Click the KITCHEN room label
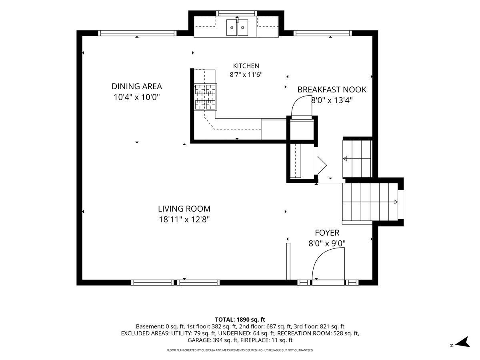[x=246, y=66]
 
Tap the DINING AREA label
[x=137, y=86]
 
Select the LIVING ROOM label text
[x=184, y=209]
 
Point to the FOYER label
[x=327, y=233]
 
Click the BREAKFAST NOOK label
[x=332, y=90]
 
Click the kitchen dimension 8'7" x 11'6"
[x=246, y=75]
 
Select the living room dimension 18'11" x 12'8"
[x=184, y=219]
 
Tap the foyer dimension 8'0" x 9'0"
[x=327, y=243]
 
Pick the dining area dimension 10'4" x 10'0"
[x=137, y=97]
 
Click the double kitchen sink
[x=237, y=27]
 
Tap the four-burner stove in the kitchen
[x=205, y=97]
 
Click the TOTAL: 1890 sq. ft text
[x=240, y=320]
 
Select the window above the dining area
[x=137, y=33]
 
